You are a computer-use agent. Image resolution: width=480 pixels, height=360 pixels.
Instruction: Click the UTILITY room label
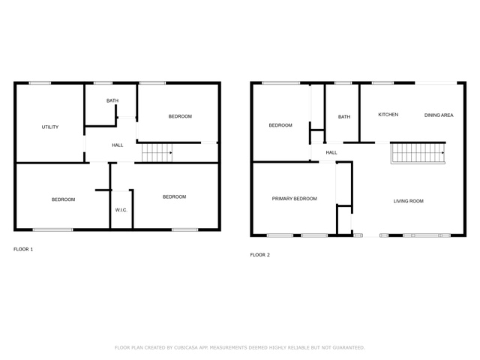pyautogui.click(x=50, y=127)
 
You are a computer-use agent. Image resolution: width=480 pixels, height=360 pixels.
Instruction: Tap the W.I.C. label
pyautogui.click(x=121, y=210)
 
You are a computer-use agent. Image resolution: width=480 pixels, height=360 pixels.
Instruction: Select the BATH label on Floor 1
pyautogui.click(x=112, y=100)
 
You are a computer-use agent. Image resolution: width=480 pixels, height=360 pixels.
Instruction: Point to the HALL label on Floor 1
pyautogui.click(x=117, y=145)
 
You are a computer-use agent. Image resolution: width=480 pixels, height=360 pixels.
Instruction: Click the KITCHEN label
pyautogui.click(x=388, y=115)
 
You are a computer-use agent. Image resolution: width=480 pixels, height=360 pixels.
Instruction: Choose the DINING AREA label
pyautogui.click(x=439, y=115)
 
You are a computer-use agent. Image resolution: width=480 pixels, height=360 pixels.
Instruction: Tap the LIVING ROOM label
pyautogui.click(x=408, y=201)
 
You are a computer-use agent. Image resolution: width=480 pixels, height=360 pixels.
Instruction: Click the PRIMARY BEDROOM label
pyautogui.click(x=295, y=199)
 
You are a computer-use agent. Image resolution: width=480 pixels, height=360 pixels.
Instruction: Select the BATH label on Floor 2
pyautogui.click(x=344, y=117)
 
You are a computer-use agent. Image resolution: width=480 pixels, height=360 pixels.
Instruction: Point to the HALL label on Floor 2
pyautogui.click(x=331, y=152)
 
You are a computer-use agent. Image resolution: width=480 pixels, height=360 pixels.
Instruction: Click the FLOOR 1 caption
pyautogui.click(x=23, y=249)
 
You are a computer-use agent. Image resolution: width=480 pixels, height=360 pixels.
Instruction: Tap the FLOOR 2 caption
pyautogui.click(x=260, y=255)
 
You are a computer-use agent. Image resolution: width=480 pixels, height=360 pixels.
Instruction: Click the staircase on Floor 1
pyautogui.click(x=157, y=153)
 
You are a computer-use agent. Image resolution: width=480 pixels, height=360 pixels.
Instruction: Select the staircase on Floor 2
pyautogui.click(x=418, y=153)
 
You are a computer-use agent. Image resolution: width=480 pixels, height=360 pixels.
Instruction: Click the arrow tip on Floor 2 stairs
pyautogui.click(x=444, y=153)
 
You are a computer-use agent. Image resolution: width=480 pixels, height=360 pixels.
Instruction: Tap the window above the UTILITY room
pyautogui.click(x=40, y=83)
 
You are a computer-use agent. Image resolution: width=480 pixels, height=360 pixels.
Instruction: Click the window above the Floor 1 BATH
pyautogui.click(x=103, y=83)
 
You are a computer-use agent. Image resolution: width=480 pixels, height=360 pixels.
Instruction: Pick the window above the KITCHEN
pyautogui.click(x=383, y=83)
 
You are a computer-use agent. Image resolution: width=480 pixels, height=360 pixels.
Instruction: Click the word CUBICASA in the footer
pyautogui.click(x=186, y=348)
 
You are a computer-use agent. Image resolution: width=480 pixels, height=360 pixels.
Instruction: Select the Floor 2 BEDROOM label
pyautogui.click(x=280, y=125)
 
